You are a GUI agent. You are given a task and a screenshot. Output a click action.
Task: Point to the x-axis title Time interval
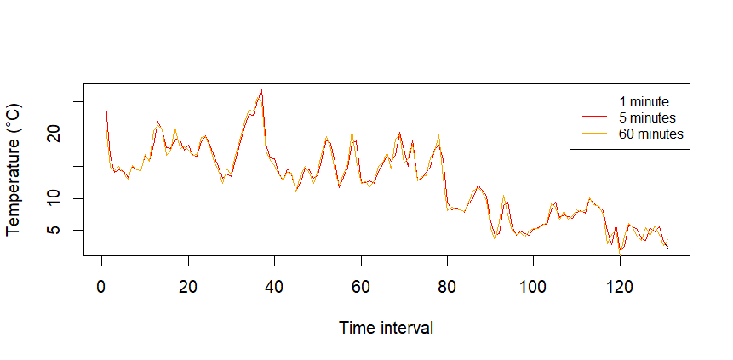click(386, 328)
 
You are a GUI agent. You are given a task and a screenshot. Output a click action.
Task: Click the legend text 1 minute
click(644, 101)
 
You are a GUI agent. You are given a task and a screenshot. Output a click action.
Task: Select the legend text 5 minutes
click(648, 117)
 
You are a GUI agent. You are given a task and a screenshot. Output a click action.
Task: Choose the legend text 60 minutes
click(651, 134)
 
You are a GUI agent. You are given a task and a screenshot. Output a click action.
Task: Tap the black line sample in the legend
click(593, 101)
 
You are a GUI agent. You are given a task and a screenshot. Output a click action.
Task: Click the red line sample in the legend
click(593, 117)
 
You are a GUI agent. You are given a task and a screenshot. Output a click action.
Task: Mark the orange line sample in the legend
click(593, 134)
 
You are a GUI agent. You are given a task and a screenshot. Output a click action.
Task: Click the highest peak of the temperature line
click(261, 90)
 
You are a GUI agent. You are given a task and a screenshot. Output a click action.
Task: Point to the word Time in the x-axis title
click(355, 328)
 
